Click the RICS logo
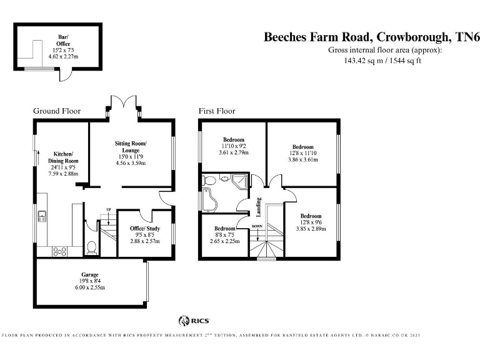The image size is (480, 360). point(194,321)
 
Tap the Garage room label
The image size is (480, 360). point(90,274)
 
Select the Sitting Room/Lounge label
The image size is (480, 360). point(131,147)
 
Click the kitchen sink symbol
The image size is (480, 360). point(42,216)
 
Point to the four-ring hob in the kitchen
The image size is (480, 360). point(60,252)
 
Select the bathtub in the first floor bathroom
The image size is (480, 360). point(209,200)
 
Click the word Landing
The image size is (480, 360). point(259,207)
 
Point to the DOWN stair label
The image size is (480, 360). point(257,226)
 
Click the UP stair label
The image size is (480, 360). point(108,210)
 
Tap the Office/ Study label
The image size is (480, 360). point(145,228)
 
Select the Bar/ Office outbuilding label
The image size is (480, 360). point(63,41)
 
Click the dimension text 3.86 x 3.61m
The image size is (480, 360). point(303,159)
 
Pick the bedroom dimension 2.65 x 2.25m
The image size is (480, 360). point(225,241)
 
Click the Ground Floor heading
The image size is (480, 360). point(57,111)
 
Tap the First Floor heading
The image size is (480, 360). point(217,111)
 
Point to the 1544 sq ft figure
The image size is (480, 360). point(405,61)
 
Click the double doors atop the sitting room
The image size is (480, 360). point(123,102)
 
